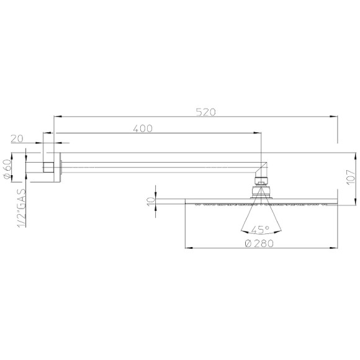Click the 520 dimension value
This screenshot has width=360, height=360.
pos(205,112)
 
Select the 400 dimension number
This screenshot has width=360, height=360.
pos(143,128)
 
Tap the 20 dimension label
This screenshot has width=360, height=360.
pos(17,139)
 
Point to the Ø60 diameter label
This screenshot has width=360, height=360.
pos(8,168)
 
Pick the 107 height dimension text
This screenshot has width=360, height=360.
pos(352,178)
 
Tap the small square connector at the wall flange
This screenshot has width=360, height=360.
pos(48,166)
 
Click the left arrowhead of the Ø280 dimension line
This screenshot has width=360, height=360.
pos(188,249)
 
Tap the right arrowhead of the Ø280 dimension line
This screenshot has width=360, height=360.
pos(335,249)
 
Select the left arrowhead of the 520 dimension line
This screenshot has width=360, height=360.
pos(58,116)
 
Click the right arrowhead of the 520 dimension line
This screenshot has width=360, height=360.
pos(335,116)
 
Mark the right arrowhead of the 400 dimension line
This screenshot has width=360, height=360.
pos(258,133)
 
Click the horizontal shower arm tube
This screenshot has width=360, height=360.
pos(155,164)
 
